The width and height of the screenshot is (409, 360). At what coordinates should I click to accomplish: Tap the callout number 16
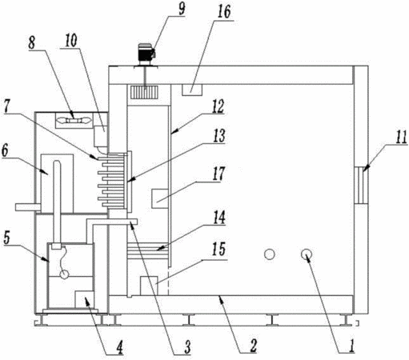point(224,12)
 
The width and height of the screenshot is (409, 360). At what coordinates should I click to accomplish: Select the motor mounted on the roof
point(146,54)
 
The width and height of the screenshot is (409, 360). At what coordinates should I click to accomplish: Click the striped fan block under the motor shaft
point(144,92)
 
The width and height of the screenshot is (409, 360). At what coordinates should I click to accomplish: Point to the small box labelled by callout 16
point(192,90)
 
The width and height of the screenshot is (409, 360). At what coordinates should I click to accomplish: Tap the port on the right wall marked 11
point(362,185)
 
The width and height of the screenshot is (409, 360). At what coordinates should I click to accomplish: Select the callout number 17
point(219,174)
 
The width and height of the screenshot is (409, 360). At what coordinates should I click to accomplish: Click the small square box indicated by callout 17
point(160,198)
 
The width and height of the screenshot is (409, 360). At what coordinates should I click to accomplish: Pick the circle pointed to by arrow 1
point(307,254)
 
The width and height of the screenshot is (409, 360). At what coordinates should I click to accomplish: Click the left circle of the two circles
point(270,254)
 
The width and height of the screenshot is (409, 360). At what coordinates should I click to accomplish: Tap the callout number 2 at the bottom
point(253,346)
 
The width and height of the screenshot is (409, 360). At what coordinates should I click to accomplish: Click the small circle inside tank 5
point(64,274)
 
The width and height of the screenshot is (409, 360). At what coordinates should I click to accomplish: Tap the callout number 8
point(32,42)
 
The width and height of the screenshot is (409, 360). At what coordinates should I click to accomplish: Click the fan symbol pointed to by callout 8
point(74,121)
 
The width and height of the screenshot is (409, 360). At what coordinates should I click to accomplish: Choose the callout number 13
point(219,136)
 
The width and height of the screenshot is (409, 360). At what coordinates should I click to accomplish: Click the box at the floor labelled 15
point(149,286)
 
